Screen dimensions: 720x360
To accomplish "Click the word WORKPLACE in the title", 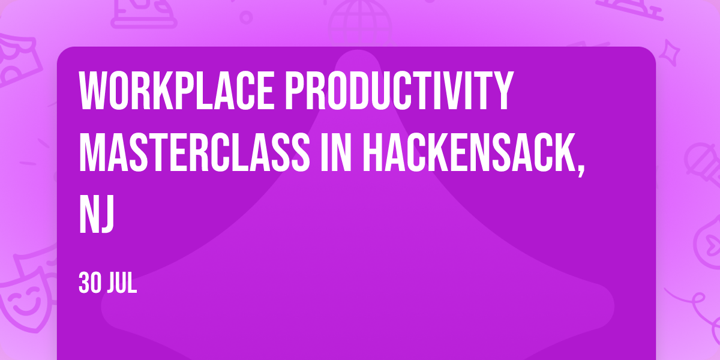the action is (176, 91).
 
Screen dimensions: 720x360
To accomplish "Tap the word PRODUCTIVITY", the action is (399, 91).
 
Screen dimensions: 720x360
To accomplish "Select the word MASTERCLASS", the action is (194, 152).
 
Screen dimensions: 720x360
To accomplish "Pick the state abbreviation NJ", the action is (97, 214).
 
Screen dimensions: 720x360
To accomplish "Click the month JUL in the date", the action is (122, 283).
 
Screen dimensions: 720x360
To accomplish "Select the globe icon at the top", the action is (360, 23).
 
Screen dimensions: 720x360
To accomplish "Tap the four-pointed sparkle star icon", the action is (669, 53).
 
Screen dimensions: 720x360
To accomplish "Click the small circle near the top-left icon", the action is (246, 17).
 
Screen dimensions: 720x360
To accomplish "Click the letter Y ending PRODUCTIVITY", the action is (503, 91).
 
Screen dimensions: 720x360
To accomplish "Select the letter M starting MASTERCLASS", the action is (92, 152).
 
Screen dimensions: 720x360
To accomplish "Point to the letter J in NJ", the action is (106, 214).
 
